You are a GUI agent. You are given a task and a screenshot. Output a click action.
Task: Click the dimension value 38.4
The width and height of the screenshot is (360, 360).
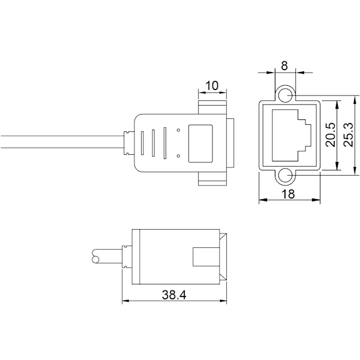click(174, 295)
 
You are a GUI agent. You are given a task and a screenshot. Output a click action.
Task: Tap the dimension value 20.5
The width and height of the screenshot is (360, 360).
click(331, 134)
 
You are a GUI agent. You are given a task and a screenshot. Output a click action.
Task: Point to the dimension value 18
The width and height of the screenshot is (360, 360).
click(288, 194)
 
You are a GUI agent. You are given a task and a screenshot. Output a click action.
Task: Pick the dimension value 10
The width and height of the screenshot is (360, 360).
click(212, 86)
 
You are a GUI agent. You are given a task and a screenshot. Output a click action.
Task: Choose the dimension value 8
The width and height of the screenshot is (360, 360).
click(284, 65)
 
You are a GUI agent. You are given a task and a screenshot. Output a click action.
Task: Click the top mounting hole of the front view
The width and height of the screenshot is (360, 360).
click(285, 95)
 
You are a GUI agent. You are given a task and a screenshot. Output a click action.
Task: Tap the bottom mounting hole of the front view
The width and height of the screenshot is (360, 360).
click(285, 176)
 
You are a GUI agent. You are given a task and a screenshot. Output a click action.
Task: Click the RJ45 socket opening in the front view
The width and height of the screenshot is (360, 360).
click(292, 135)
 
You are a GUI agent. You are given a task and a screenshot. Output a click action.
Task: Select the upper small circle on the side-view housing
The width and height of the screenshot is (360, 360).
click(178, 130)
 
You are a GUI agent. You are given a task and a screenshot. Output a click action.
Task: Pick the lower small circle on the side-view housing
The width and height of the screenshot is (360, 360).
click(178, 156)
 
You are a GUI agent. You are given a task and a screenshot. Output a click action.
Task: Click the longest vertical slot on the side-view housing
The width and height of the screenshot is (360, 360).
click(164, 143)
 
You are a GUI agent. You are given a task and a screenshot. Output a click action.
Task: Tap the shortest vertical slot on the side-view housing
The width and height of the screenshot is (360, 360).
click(142, 143)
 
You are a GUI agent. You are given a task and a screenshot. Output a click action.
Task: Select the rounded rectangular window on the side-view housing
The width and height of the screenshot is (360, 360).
click(200, 143)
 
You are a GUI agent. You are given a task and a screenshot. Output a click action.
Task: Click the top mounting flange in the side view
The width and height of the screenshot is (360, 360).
click(212, 107)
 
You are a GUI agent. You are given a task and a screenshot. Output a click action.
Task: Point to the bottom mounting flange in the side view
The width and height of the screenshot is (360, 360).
click(212, 179)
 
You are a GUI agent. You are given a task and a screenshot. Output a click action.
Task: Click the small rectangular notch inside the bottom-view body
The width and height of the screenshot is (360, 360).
click(206, 257)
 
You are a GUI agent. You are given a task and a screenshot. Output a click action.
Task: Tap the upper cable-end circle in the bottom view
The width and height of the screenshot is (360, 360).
click(96, 253)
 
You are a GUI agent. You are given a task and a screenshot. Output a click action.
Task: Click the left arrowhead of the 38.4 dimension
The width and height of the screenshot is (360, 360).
click(125, 301)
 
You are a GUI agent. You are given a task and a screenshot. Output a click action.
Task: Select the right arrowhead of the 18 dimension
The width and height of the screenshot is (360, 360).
click(316, 200)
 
